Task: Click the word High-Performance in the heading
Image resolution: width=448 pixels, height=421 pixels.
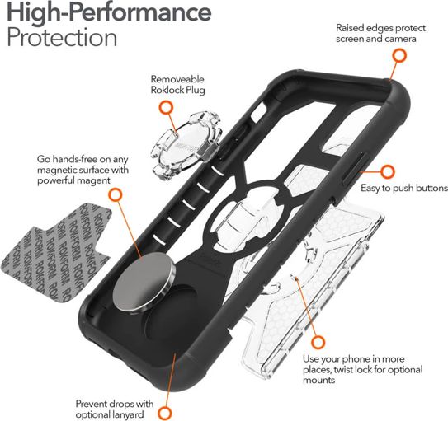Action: point(109,13)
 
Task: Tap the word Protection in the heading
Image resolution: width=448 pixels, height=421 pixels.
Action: point(62,37)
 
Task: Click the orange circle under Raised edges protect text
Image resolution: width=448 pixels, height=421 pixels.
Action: point(399,56)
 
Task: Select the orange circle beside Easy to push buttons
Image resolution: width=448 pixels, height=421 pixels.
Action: point(388,172)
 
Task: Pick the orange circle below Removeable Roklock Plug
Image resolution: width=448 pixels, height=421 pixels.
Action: point(166,108)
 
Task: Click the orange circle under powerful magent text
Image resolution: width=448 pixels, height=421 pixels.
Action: point(116,195)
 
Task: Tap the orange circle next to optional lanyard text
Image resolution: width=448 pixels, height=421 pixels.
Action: point(165,414)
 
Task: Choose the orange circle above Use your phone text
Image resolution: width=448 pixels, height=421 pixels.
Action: point(318,342)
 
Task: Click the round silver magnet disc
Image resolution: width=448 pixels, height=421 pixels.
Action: point(144,283)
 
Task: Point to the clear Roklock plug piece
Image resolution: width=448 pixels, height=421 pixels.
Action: point(186,145)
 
